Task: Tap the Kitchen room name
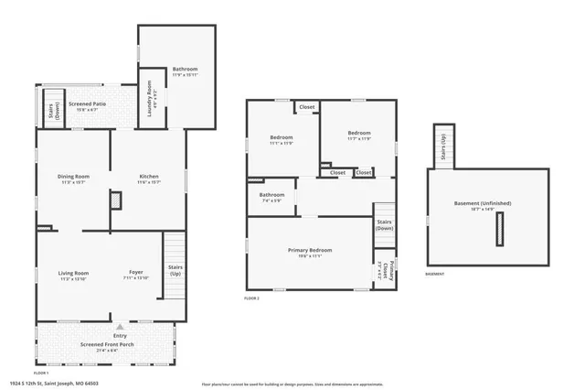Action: pos(149,176)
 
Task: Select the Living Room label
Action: pos(73,273)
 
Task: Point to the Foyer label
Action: pos(135,273)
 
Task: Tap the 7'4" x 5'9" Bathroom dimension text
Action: pos(271,200)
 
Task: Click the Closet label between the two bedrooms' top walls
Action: pos(306,107)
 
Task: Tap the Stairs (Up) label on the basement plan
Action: pos(443,147)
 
